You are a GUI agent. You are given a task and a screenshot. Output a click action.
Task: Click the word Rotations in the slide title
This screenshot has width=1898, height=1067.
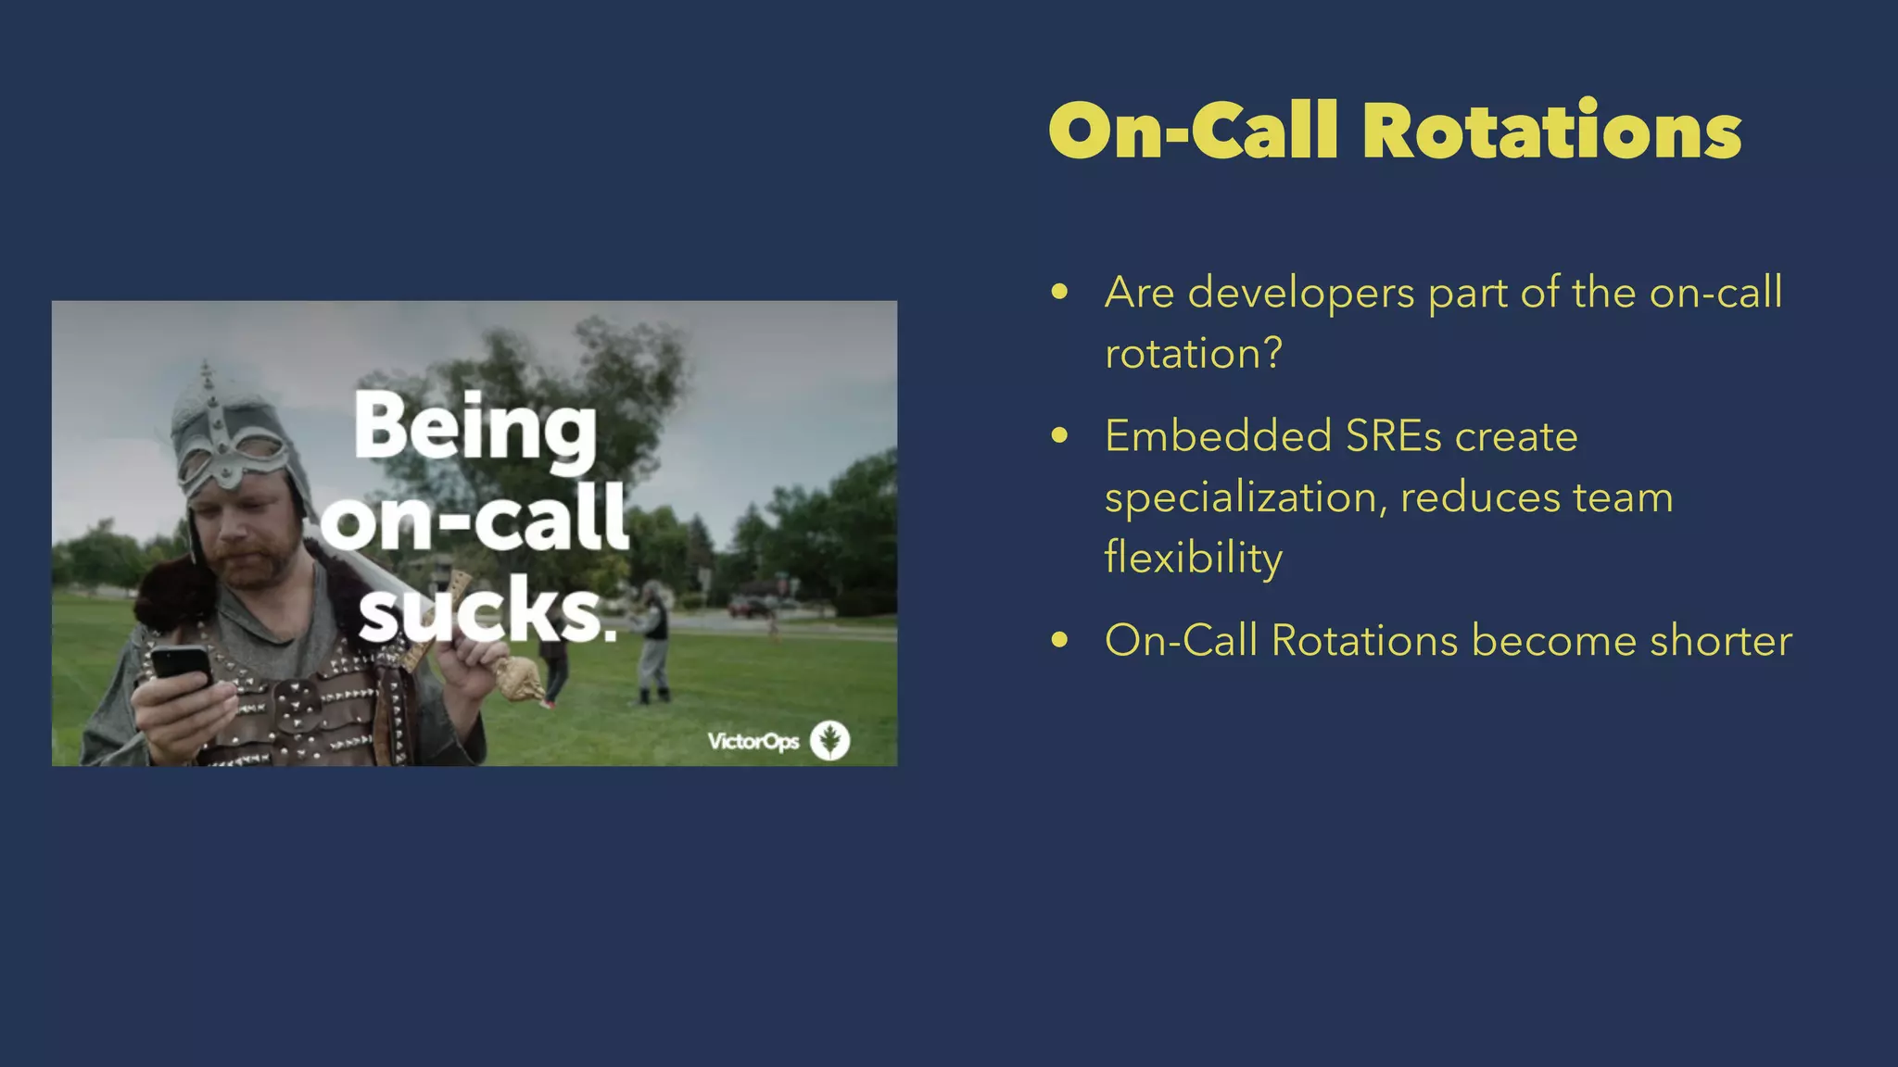pos(1551,132)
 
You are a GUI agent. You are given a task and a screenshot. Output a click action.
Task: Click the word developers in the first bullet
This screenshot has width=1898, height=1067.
pos(1300,294)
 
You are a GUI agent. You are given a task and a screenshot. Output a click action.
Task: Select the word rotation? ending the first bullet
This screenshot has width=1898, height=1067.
pos(1193,354)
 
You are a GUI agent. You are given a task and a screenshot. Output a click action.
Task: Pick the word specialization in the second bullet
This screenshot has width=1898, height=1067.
pos(1246,498)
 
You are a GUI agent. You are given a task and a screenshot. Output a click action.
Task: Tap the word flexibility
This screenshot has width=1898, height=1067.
pos(1193,558)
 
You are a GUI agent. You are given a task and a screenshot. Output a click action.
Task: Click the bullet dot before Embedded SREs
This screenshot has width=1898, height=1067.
pos(1060,436)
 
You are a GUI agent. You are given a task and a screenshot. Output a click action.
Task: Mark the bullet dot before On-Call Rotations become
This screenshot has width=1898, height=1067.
pos(1060,641)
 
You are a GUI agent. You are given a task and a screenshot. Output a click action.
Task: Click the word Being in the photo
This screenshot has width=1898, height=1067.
pos(475,428)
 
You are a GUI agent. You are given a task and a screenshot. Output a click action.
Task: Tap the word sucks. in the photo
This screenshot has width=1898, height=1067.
pos(487,611)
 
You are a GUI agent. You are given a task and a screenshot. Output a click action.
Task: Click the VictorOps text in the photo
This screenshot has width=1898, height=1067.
pos(753,742)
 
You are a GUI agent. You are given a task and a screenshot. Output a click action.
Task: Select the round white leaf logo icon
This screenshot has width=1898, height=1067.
pos(829,741)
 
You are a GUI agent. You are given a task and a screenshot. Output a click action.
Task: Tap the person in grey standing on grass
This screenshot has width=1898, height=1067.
pos(654,648)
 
